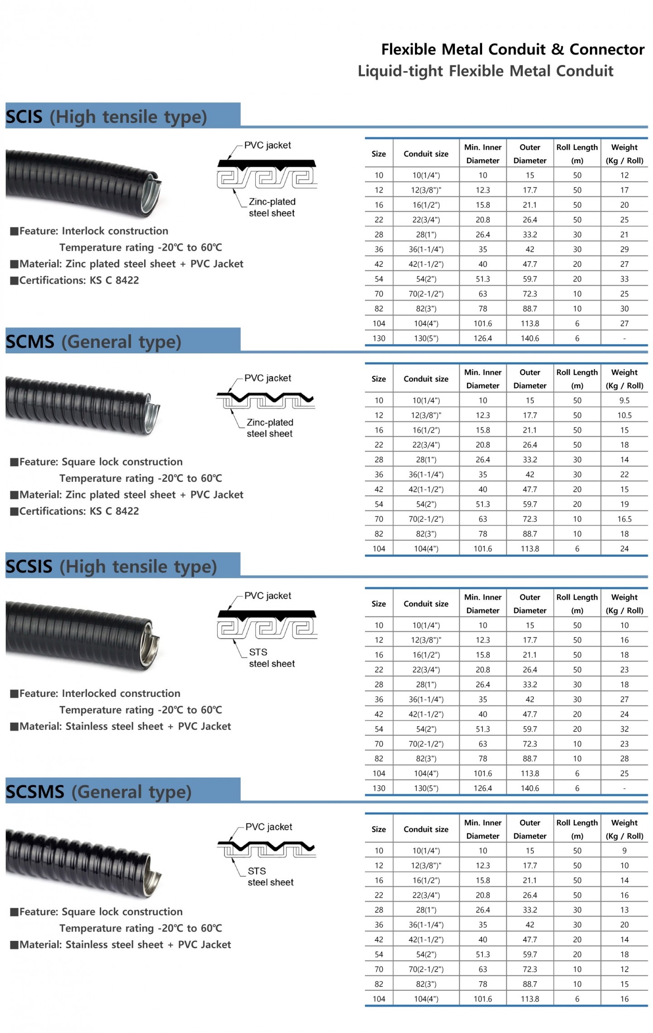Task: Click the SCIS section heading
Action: [106, 117]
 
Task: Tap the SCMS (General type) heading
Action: [93, 342]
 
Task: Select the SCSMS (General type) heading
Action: [98, 792]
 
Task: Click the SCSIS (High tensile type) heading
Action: [111, 567]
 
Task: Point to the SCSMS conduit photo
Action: [84, 862]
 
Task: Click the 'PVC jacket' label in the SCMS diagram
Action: [268, 378]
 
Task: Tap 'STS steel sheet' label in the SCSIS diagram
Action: [272, 658]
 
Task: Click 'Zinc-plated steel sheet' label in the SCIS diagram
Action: [272, 207]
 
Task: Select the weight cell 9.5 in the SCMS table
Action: [624, 401]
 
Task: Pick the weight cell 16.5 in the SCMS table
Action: [624, 519]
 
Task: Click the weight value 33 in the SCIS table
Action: [624, 279]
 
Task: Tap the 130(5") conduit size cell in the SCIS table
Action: [426, 338]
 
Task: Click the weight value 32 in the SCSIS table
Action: [624, 729]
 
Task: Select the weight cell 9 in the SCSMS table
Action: [624, 851]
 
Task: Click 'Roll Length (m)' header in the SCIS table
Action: [577, 154]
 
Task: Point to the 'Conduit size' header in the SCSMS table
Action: [426, 829]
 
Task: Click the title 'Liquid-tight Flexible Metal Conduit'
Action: [485, 71]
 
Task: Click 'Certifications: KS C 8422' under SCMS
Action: [75, 511]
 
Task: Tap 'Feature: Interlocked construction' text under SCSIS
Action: [95, 694]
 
